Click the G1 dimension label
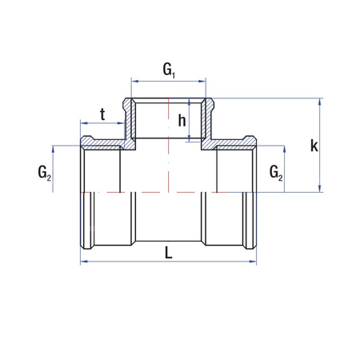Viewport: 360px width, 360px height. click(x=170, y=70)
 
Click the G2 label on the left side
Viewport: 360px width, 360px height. click(x=43, y=173)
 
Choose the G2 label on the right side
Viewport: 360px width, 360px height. click(x=274, y=172)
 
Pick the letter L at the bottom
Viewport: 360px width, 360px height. click(x=169, y=252)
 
